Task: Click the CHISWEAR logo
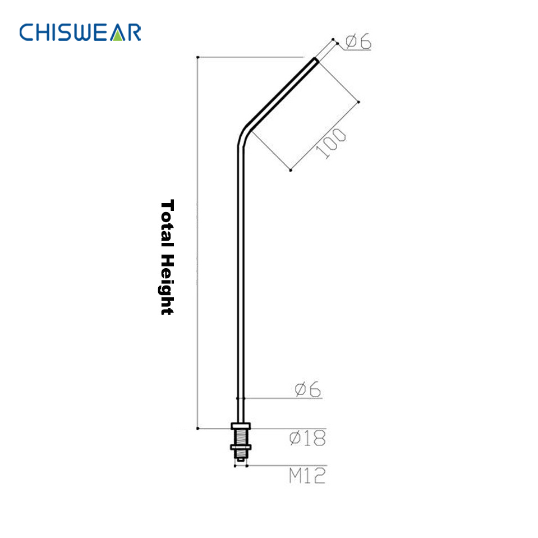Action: click(80, 32)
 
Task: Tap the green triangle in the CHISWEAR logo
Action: click(117, 34)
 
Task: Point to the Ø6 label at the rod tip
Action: click(358, 42)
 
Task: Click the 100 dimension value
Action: click(331, 144)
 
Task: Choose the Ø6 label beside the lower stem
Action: click(308, 390)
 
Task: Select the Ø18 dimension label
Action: click(307, 438)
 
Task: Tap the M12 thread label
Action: click(307, 476)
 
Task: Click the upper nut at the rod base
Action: click(241, 427)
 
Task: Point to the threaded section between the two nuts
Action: click(241, 437)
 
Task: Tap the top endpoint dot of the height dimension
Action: click(197, 57)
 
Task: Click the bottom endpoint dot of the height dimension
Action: click(197, 429)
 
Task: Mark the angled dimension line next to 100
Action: click(325, 136)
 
